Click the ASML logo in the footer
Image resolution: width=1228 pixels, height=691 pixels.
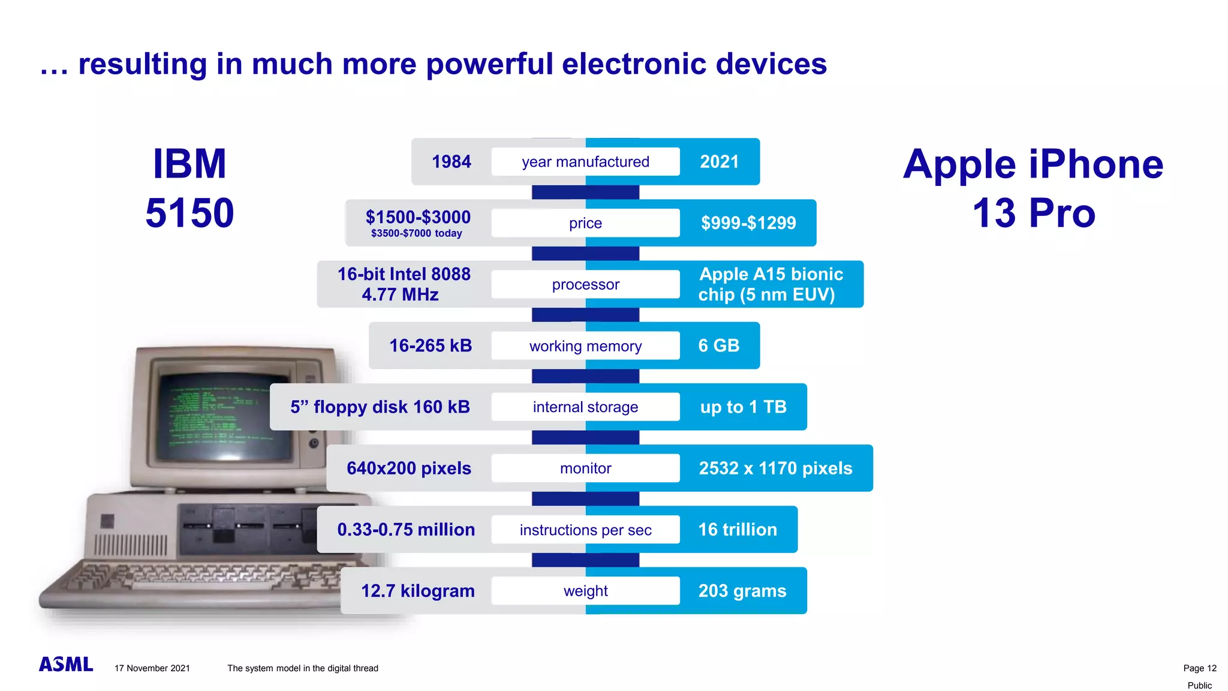(66, 665)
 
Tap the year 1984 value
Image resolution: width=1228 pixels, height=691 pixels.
(451, 162)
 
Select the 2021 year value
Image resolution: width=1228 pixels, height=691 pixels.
(719, 162)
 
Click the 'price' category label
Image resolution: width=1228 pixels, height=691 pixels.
(585, 223)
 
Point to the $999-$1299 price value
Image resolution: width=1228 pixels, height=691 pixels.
(748, 223)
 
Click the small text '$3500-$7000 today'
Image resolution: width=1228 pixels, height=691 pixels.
(416, 233)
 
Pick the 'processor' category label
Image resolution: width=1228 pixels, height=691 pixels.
(585, 284)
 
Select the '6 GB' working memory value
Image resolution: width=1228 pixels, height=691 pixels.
(718, 345)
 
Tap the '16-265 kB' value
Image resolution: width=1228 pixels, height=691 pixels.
(431, 345)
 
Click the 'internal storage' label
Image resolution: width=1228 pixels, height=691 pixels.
(585, 407)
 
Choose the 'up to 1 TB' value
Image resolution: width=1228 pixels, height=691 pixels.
(743, 407)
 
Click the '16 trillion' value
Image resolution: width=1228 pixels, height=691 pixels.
(738, 530)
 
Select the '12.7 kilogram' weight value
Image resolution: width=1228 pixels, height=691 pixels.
(417, 591)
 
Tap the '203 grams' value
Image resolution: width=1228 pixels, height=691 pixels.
(742, 591)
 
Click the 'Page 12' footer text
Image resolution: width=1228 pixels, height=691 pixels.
(1199, 668)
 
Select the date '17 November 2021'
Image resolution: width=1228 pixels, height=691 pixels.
(152, 668)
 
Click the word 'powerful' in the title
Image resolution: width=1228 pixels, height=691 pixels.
(489, 64)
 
